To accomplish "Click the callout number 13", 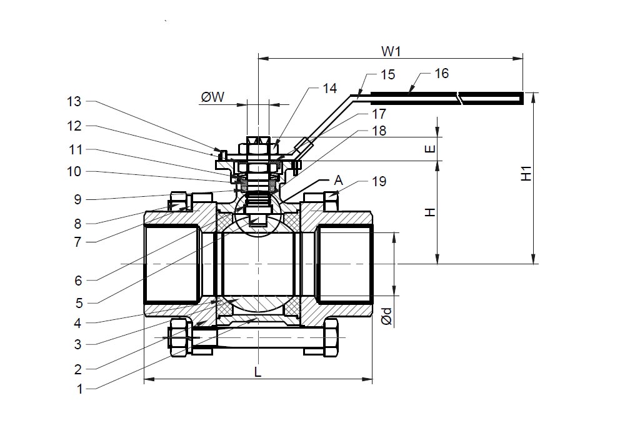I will click(x=74, y=102).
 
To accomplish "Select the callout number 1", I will click(x=79, y=389).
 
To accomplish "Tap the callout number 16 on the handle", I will click(x=441, y=74).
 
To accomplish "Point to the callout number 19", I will click(x=379, y=182).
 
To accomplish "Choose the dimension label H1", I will click(x=527, y=173).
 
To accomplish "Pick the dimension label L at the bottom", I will click(x=257, y=372).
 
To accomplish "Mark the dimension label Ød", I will click(x=387, y=316).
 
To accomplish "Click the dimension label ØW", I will click(x=213, y=97).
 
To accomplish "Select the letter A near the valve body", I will click(x=338, y=180).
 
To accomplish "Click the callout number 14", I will click(x=330, y=88).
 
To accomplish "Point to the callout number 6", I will click(x=79, y=281).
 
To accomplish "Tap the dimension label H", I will click(x=429, y=212).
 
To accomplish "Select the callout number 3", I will click(x=79, y=344).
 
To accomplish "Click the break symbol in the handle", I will click(x=461, y=97).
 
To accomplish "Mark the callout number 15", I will click(x=387, y=75).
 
